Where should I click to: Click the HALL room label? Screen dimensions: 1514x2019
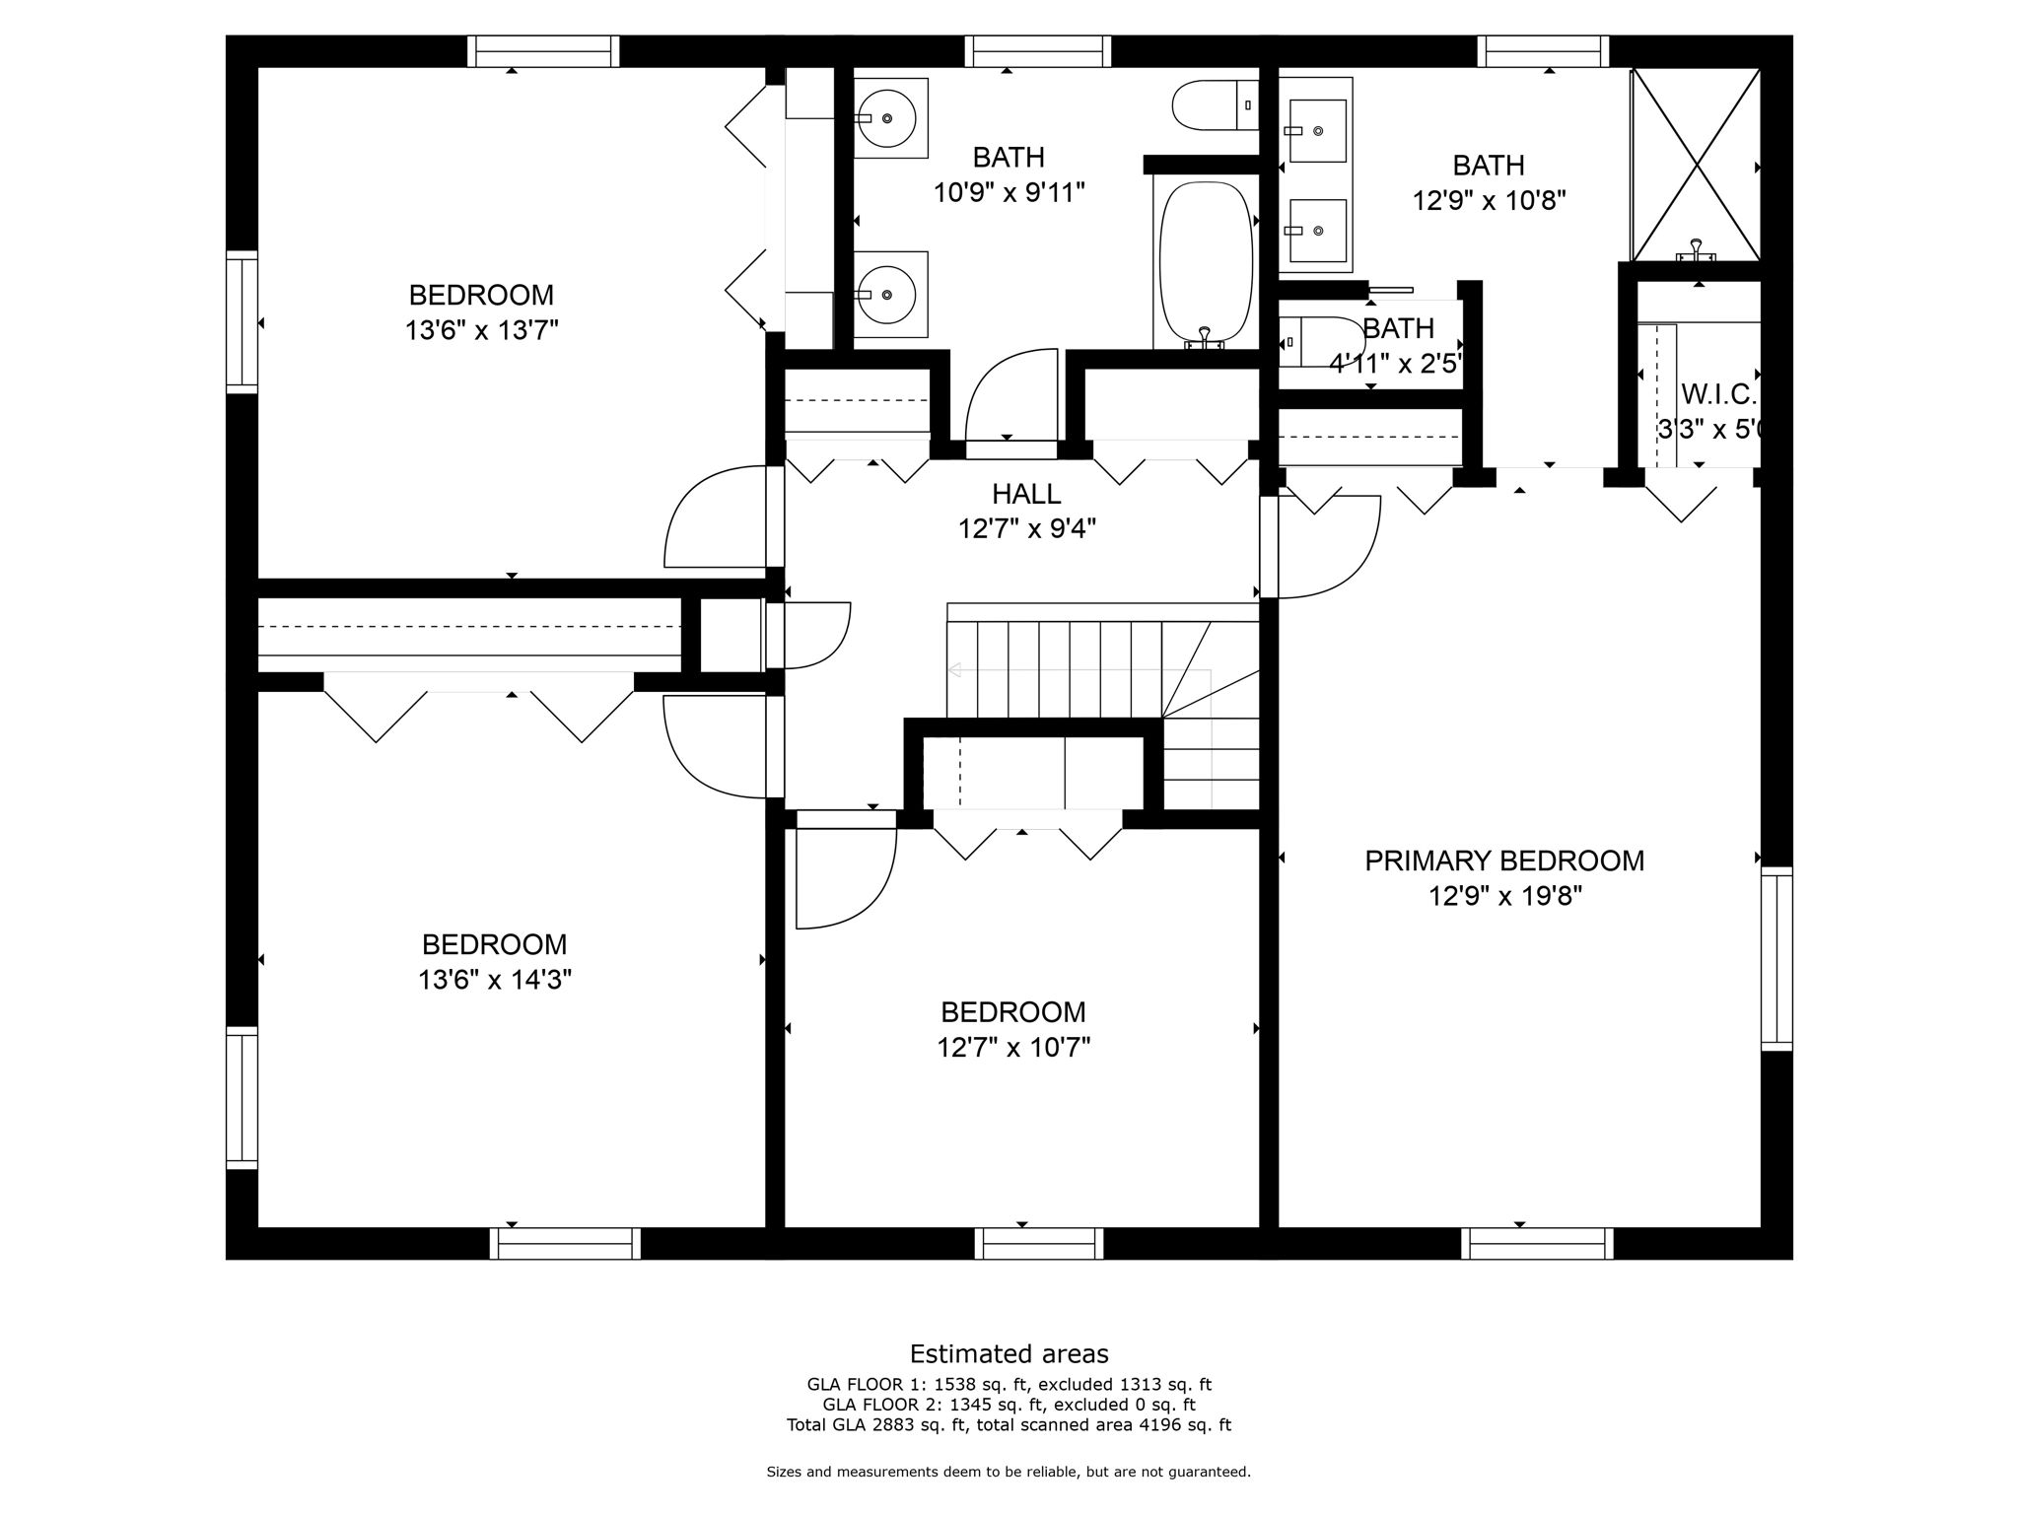(x=1026, y=493)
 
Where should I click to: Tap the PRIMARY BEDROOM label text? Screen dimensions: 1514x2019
(x=1503, y=860)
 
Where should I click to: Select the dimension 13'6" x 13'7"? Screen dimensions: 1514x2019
(x=481, y=330)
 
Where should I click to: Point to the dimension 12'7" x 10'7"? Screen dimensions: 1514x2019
(x=1012, y=1047)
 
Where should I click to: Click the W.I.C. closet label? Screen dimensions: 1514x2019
(x=1718, y=394)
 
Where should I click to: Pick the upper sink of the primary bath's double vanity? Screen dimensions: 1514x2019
(x=1317, y=130)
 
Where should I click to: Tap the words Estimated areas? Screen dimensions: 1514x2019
(x=1009, y=1353)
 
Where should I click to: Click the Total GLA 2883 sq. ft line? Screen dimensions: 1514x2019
(x=1009, y=1424)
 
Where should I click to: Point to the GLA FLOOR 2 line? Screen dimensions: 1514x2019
(x=1009, y=1405)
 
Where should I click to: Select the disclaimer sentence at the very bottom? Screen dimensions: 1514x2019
(x=1009, y=1472)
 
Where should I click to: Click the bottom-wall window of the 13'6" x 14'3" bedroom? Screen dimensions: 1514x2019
(x=566, y=1243)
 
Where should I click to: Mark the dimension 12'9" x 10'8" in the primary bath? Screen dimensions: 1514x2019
(x=1489, y=200)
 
